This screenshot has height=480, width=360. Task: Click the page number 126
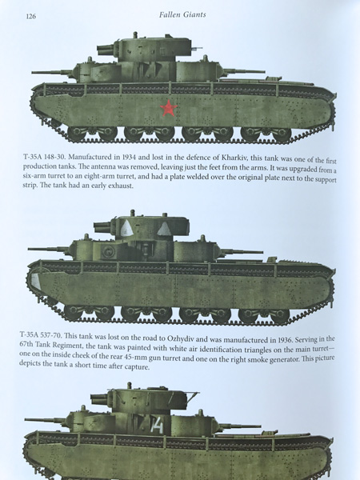(x=31, y=16)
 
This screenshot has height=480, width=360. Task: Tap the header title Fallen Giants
(x=182, y=14)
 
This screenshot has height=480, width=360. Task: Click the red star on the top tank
(x=168, y=108)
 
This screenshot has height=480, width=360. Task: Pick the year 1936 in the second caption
(x=286, y=340)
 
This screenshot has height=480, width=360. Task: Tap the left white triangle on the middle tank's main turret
(x=126, y=229)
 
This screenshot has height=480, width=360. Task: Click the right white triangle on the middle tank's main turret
(x=164, y=229)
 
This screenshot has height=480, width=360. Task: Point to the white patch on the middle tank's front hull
(x=36, y=281)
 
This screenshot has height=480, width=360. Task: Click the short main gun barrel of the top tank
(x=106, y=50)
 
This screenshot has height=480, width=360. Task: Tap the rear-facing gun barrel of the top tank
(x=244, y=72)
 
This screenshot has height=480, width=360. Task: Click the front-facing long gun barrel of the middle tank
(x=48, y=250)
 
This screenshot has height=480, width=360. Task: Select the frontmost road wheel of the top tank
(x=76, y=133)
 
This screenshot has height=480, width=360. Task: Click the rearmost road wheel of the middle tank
(x=280, y=316)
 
